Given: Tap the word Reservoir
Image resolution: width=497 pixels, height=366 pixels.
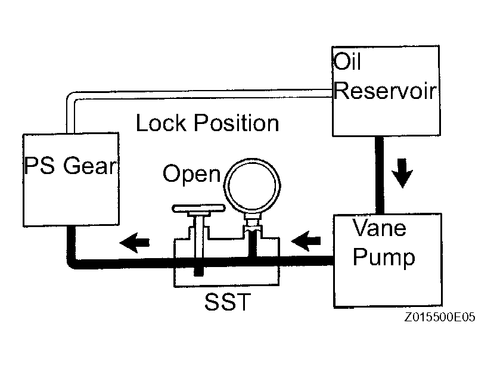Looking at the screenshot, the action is (386, 91).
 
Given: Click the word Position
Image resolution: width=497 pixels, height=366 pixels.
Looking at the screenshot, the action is (236, 123).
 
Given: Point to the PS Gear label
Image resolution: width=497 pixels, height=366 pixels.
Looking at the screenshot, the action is (70, 165).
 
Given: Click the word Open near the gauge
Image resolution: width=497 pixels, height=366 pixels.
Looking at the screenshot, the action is (191, 175).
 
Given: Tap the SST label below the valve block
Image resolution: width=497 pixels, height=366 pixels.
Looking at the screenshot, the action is (228, 302).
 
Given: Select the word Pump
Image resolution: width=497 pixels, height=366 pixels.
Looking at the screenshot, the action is (384, 257).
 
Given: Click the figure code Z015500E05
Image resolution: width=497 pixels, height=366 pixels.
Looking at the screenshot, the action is (440, 317).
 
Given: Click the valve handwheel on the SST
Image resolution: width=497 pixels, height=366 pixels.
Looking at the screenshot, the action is (198, 209).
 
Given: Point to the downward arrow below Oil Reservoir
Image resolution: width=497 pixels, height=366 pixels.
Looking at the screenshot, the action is (402, 173).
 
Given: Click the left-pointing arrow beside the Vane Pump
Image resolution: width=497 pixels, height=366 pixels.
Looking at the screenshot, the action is (306, 241).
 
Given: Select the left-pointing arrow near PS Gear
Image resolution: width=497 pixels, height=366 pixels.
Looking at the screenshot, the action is (135, 243).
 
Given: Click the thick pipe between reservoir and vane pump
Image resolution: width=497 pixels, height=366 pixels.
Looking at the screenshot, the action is (380, 175).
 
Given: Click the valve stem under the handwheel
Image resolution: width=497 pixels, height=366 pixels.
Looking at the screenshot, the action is (198, 238).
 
